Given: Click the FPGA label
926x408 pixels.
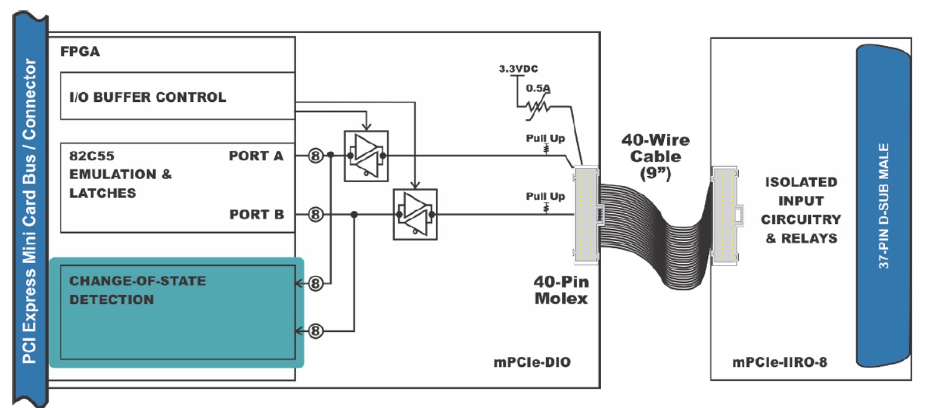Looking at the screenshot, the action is pyautogui.click(x=80, y=52).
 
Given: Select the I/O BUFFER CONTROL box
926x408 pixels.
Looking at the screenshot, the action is pyautogui.click(x=178, y=96).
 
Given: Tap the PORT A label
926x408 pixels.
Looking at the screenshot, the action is pyautogui.click(x=256, y=155).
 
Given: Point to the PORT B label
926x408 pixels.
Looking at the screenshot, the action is pyautogui.click(x=256, y=215).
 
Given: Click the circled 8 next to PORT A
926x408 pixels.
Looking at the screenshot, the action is pyautogui.click(x=316, y=155).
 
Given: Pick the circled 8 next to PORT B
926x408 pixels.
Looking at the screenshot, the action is pyautogui.click(x=316, y=215).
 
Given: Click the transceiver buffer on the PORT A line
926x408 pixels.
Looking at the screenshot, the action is pyautogui.click(x=367, y=156).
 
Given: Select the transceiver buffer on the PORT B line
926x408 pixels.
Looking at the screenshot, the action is pyautogui.click(x=415, y=215).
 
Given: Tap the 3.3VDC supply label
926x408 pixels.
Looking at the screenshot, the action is pyautogui.click(x=518, y=68).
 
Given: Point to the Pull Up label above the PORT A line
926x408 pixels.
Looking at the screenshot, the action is pyautogui.click(x=545, y=138).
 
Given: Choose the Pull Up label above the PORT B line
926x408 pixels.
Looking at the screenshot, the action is pyautogui.click(x=545, y=196).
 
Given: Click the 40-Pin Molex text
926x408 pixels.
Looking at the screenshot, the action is pyautogui.click(x=561, y=290).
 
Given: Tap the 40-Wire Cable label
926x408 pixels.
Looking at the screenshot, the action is pyautogui.click(x=656, y=157).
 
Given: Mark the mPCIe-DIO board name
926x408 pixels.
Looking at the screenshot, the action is pyautogui.click(x=532, y=362).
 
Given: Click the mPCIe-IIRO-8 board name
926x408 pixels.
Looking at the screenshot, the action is pyautogui.click(x=780, y=362).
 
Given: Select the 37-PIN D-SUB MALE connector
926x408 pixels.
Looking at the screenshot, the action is pyautogui.click(x=884, y=206).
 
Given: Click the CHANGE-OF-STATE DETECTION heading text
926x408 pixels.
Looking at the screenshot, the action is pyautogui.click(x=138, y=290).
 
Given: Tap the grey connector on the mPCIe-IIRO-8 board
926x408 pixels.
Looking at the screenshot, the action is pyautogui.click(x=726, y=216).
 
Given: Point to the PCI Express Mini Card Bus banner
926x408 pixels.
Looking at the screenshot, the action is pyautogui.click(x=30, y=210).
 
